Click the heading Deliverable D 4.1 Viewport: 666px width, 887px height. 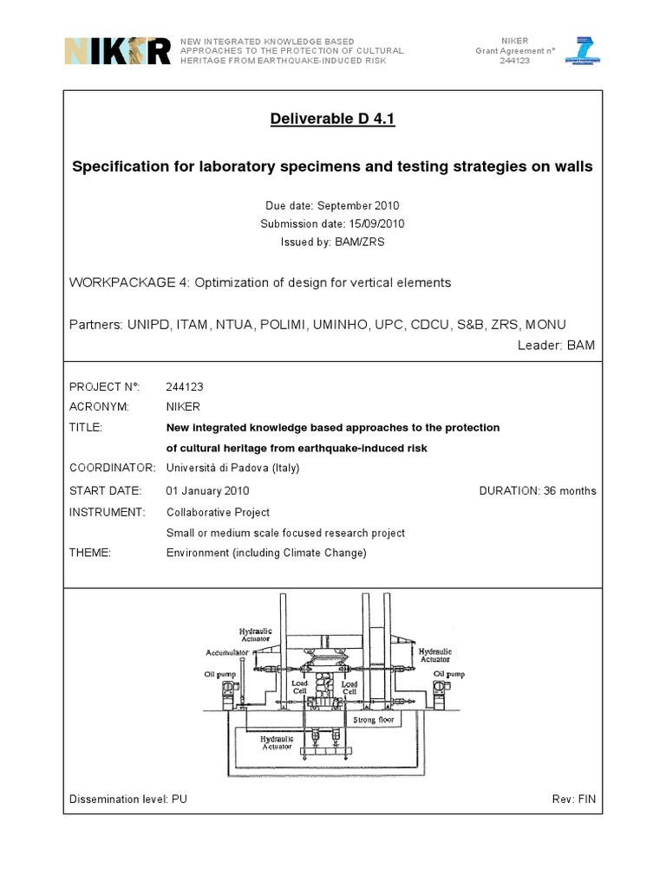pos(333,120)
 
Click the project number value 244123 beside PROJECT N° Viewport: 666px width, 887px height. pos(184,386)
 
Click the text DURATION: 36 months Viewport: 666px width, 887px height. pos(538,490)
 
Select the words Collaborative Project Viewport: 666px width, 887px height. pos(218,512)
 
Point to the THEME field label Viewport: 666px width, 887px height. pos(90,554)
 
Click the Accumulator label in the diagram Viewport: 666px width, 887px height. pos(228,651)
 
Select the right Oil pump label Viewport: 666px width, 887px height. pos(448,672)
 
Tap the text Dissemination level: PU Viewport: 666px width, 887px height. pos(128,798)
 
